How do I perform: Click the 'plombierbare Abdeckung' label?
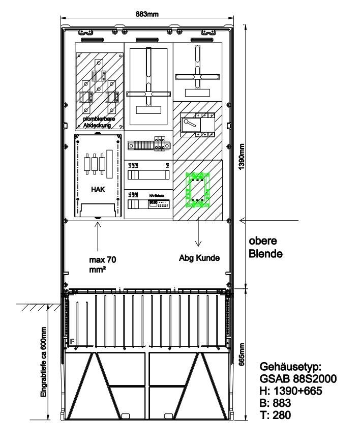99,122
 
